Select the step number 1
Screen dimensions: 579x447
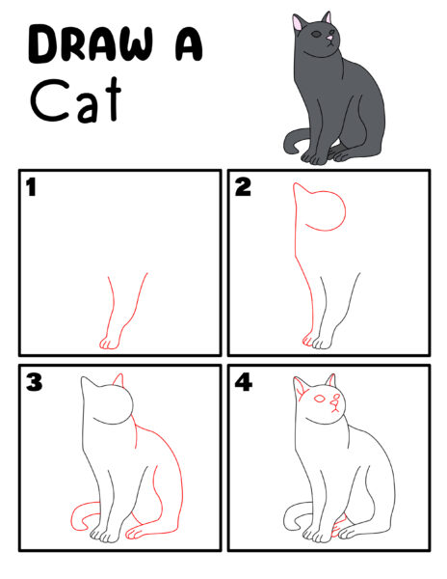pyautogui.click(x=31, y=187)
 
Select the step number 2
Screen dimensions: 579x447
pyautogui.click(x=243, y=187)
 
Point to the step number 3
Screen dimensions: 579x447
pyautogui.click(x=34, y=383)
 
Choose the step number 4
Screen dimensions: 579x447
pyautogui.click(x=244, y=383)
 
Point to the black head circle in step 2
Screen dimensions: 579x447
pyautogui.click(x=329, y=211)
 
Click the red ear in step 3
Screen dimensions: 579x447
pyautogui.click(x=118, y=381)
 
